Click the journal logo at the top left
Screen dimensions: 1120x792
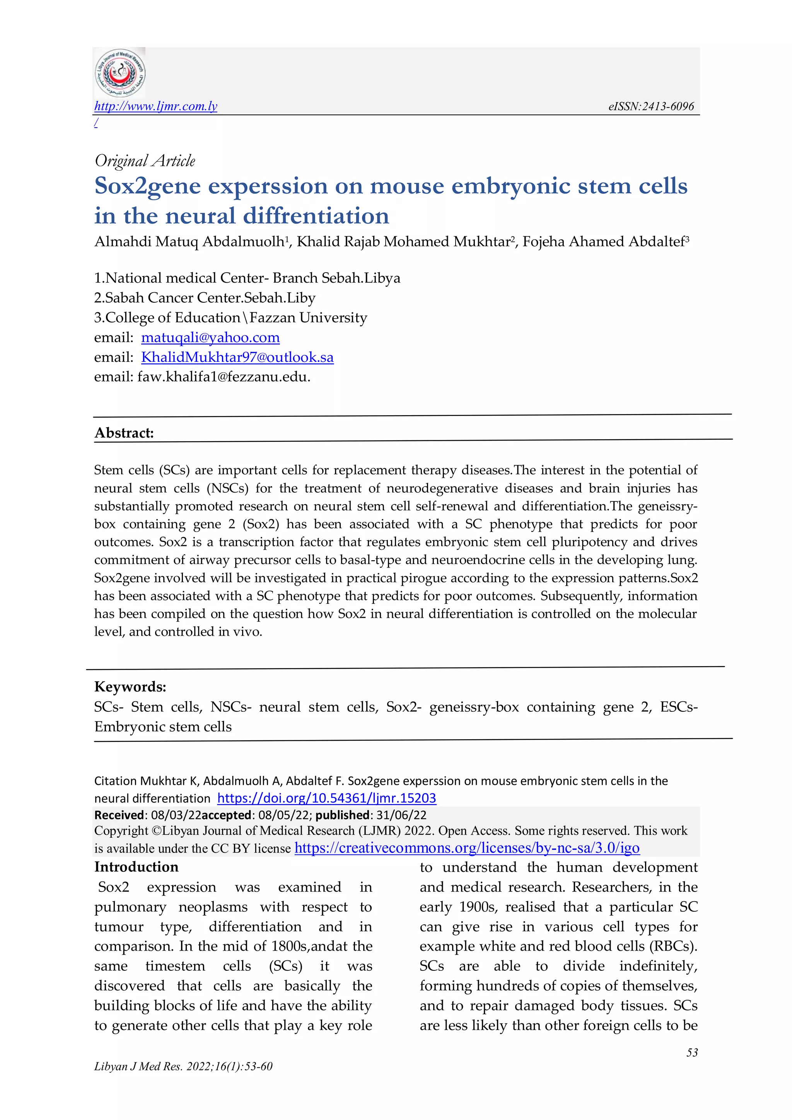point(119,73)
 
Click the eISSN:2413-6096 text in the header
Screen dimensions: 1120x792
point(650,106)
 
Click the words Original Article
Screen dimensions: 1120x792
point(145,160)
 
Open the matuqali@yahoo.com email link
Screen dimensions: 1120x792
point(210,337)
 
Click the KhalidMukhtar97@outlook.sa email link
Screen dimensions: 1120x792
point(237,357)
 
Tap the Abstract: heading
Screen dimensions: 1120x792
point(124,433)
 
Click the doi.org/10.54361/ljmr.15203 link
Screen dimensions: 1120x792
point(326,798)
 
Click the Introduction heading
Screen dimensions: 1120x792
point(137,867)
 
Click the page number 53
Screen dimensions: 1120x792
point(691,1052)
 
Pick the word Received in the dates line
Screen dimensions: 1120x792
point(119,815)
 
